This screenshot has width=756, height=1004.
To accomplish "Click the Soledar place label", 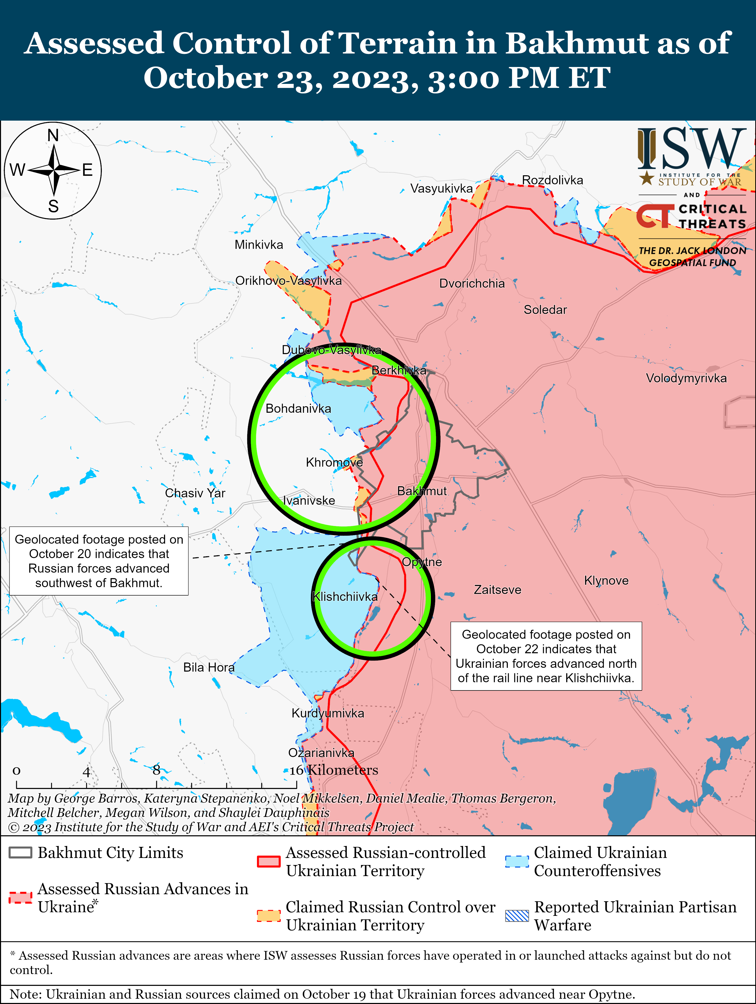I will [545, 310].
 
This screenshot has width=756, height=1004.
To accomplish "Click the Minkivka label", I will [259, 245].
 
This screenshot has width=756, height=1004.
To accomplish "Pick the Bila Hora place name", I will [209, 667].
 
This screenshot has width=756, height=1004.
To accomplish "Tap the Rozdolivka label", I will [552, 180].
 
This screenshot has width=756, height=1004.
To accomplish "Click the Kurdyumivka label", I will [328, 713].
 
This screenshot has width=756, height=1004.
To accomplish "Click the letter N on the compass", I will [53, 135].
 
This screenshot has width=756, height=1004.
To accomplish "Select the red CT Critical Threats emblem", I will [654, 216].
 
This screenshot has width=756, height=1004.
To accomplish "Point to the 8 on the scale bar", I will [156, 770].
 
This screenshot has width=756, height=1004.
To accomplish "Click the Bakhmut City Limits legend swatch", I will [20, 853].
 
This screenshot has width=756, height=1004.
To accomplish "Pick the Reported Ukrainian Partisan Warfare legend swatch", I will [517, 916].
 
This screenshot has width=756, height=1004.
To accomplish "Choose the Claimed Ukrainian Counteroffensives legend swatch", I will [517, 861].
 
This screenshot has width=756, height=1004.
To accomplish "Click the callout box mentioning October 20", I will [99, 561].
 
